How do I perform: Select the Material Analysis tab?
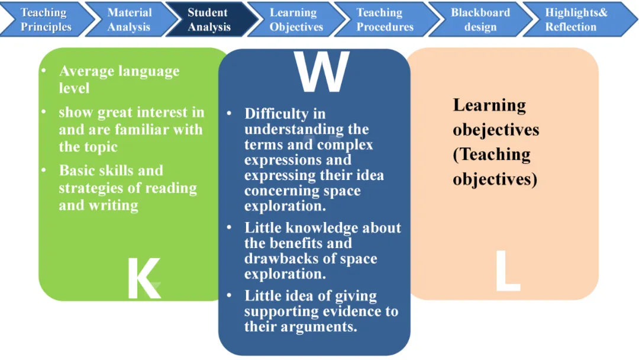point(129,20)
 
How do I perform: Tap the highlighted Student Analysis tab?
point(208,20)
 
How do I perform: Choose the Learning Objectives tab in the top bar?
point(296,20)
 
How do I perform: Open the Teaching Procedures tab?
point(385,20)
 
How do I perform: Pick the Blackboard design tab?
point(479,20)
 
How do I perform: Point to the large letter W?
point(322,73)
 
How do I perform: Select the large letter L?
point(507,271)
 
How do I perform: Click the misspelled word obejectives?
point(496,130)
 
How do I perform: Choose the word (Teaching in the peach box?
point(491,155)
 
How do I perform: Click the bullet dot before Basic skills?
point(44,171)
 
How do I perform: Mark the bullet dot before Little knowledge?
point(229,228)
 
